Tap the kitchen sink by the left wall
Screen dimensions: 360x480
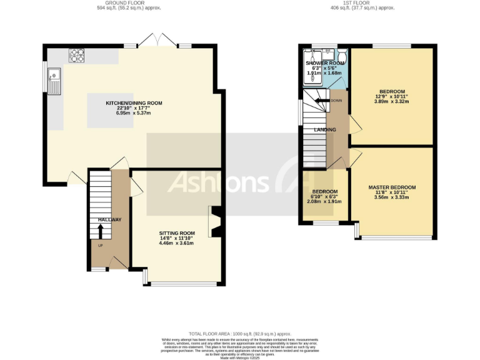[x=55, y=80]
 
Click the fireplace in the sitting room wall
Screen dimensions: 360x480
[x=216, y=222]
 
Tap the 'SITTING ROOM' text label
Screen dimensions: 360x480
[x=176, y=233]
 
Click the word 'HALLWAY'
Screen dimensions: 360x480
[x=109, y=219]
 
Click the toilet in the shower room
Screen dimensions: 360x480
[x=341, y=55]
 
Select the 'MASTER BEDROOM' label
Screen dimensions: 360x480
[x=392, y=187]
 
